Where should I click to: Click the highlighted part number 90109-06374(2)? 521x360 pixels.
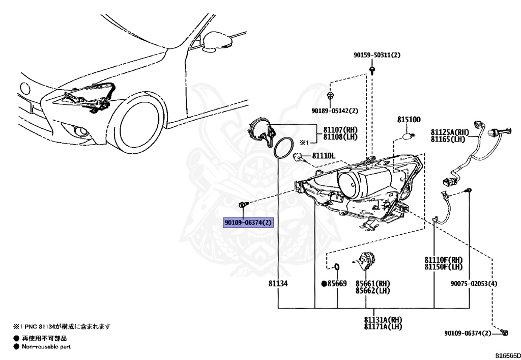point(249,223)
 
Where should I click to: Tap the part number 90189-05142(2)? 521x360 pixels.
point(335,110)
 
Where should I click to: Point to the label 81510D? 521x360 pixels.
point(409,120)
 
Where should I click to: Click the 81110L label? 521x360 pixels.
point(323,155)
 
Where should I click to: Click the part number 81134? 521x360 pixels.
point(279,283)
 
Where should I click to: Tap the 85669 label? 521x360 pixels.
point(336,283)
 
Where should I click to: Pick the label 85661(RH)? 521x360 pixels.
point(372,283)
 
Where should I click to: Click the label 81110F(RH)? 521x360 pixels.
point(443,260)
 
